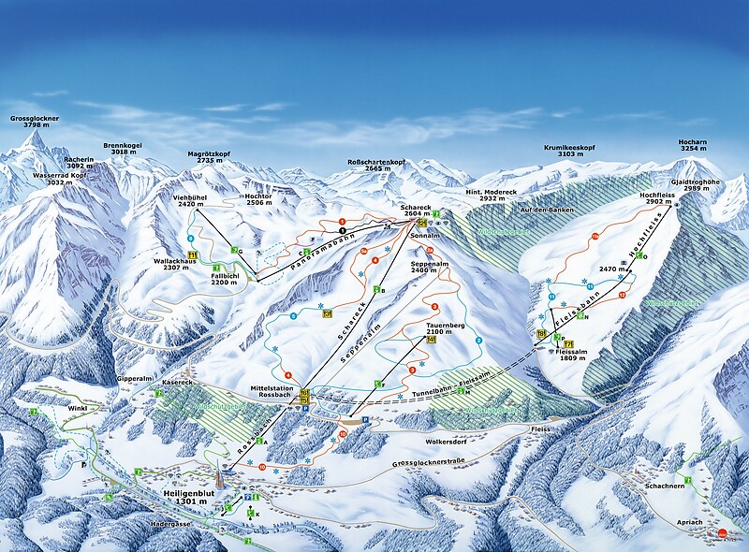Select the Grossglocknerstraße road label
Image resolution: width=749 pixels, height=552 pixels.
(x=433, y=459)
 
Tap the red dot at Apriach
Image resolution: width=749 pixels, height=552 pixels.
(x=723, y=535)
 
